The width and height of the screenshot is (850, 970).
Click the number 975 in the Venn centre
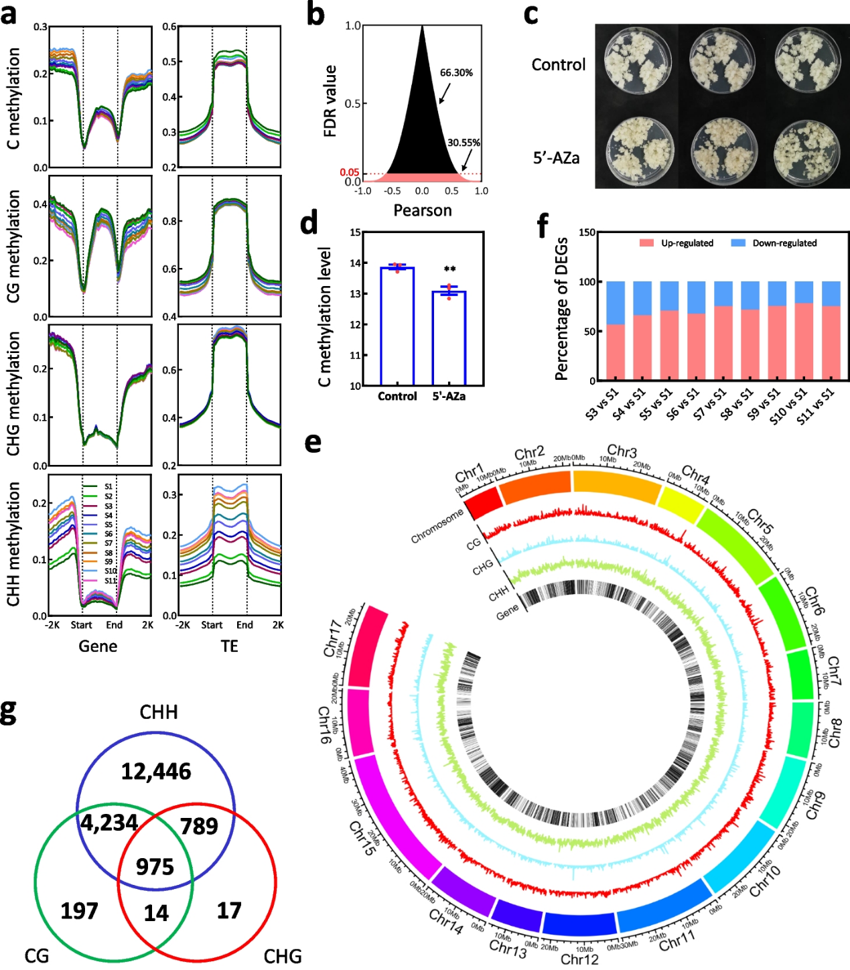click(x=155, y=867)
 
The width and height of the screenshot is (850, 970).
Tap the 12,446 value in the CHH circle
click(x=156, y=772)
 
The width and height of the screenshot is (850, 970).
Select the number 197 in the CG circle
click(x=79, y=911)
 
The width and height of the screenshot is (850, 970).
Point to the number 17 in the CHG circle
click(x=229, y=910)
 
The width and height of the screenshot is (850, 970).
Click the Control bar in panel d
click(x=397, y=326)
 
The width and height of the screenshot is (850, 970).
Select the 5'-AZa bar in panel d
click(x=449, y=338)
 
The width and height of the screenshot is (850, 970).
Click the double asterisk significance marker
click(x=449, y=270)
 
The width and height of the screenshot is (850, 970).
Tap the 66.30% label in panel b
click(x=456, y=73)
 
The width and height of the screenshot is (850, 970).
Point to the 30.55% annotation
click(x=464, y=143)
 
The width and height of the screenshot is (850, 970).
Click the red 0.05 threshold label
click(x=349, y=173)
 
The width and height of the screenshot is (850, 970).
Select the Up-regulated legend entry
click(x=679, y=243)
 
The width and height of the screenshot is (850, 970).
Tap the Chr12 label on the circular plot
click(x=579, y=959)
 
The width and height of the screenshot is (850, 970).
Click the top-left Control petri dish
click(x=637, y=63)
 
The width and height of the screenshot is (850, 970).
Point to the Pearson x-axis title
click(x=422, y=210)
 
